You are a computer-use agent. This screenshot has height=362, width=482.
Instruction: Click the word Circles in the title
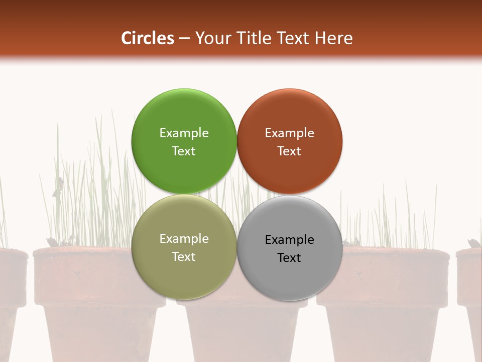tap(148, 38)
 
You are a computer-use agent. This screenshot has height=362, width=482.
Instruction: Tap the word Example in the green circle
tap(184, 133)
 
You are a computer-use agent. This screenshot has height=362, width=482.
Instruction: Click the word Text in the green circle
tap(184, 151)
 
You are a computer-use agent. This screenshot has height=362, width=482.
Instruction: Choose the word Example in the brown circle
tap(289, 133)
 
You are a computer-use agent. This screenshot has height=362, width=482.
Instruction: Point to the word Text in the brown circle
tap(289, 151)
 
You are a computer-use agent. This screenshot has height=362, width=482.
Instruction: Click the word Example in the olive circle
tap(184, 238)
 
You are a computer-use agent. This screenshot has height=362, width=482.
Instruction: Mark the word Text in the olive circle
tap(184, 256)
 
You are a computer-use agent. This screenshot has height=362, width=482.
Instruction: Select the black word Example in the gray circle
tap(289, 239)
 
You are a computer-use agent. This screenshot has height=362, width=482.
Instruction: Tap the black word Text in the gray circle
tap(289, 257)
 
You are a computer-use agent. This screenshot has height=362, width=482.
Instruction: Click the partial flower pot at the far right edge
tap(471, 292)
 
